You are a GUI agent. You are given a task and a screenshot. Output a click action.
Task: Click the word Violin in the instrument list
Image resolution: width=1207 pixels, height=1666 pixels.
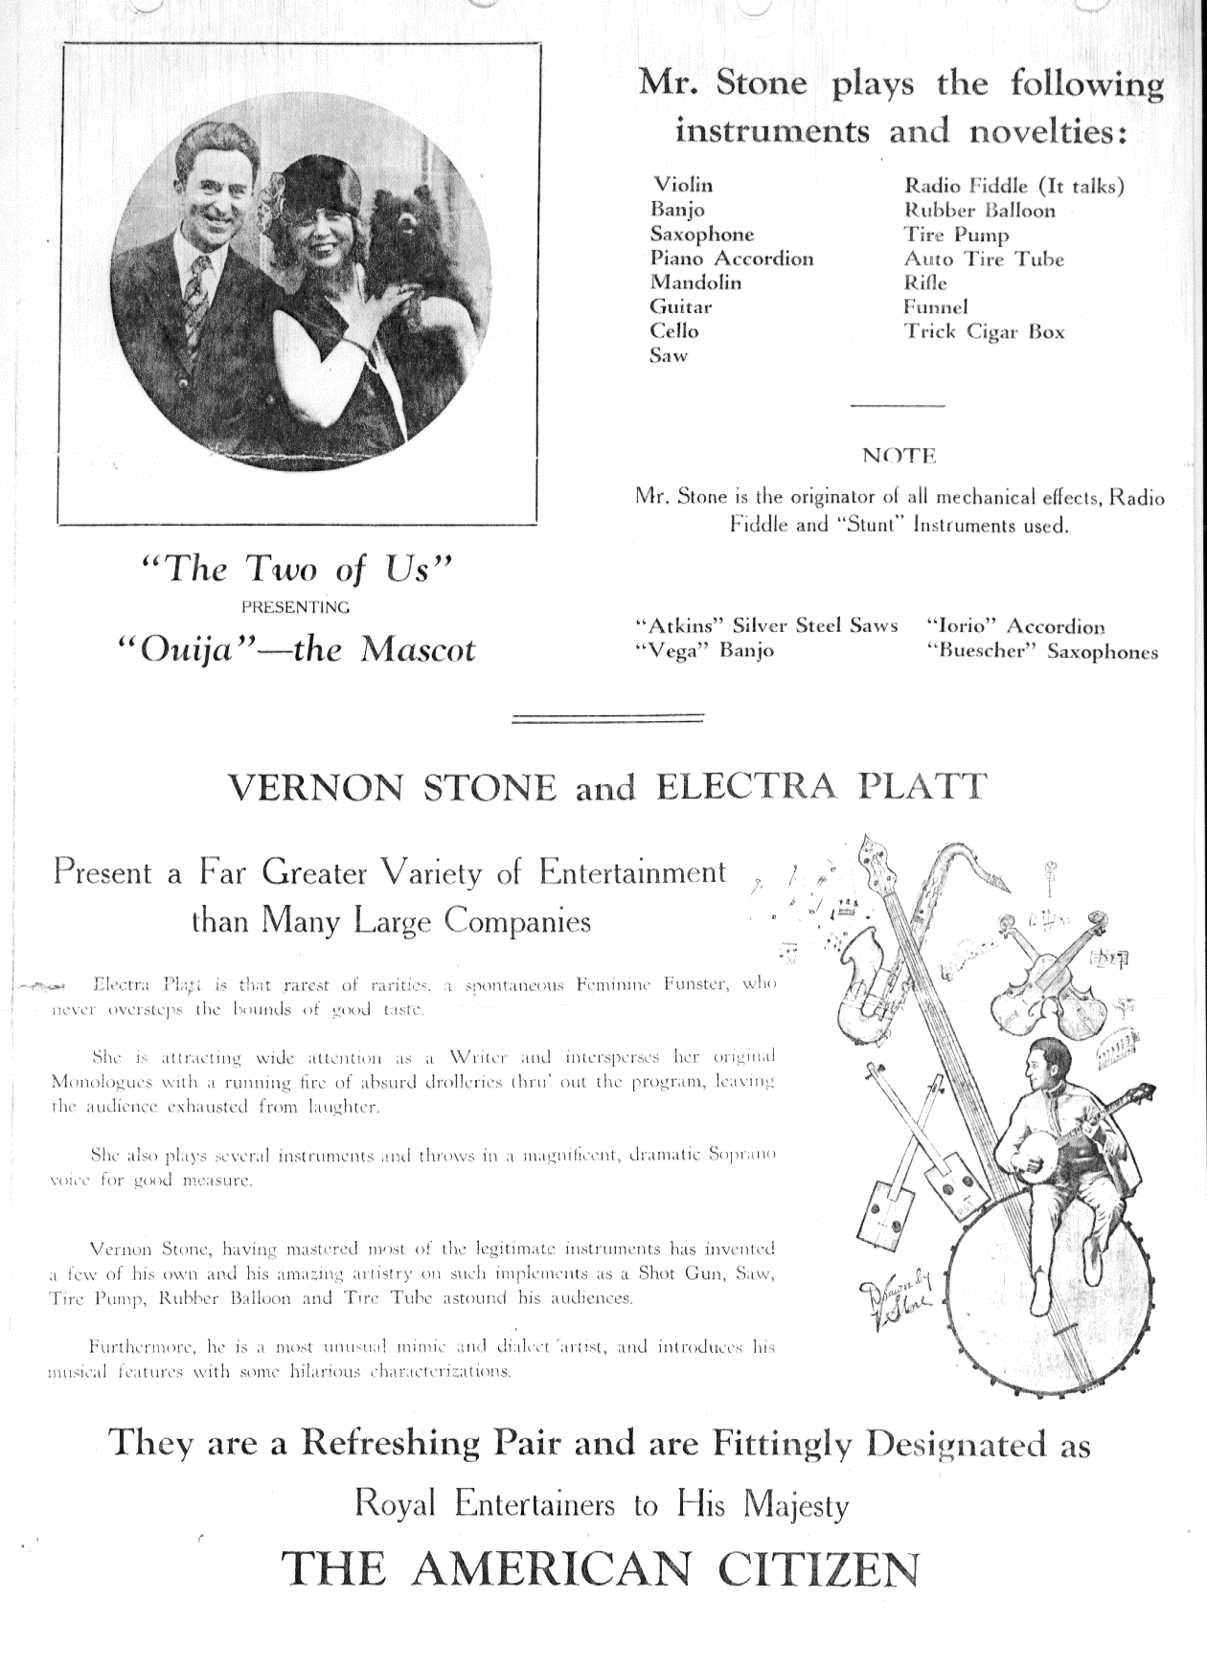point(682,185)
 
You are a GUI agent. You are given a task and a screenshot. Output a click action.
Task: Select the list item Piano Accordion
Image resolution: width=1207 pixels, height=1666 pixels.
point(732,259)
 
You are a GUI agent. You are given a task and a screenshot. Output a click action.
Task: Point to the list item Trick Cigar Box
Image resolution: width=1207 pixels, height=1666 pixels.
point(984,332)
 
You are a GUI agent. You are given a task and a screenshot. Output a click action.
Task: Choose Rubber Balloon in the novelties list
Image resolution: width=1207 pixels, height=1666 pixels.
point(979,211)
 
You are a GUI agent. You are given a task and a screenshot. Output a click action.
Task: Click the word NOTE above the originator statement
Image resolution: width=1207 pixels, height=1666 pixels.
point(899,457)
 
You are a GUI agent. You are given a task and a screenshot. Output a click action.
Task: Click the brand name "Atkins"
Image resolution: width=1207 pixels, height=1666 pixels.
point(678,626)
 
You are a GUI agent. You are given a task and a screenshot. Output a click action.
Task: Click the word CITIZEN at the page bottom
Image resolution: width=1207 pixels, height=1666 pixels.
point(822,1568)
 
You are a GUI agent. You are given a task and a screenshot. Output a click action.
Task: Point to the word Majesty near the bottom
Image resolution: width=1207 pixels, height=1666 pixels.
point(796,1505)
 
